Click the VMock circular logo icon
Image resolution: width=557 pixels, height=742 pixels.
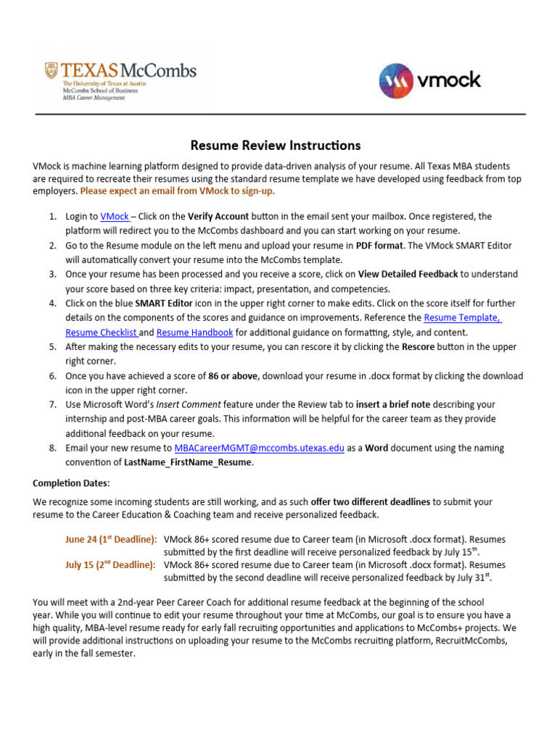[x=395, y=80]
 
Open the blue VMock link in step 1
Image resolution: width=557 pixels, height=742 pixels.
[x=115, y=217]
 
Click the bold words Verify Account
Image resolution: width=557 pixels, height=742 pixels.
[x=218, y=217]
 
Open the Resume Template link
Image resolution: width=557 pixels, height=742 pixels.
[x=462, y=318]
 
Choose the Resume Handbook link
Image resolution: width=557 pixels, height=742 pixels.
[x=194, y=333]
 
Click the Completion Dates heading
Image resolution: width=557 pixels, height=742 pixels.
[x=70, y=483]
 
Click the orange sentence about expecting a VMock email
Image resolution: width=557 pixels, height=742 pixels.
[x=178, y=191]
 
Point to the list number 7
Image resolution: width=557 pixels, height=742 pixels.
[x=53, y=405]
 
